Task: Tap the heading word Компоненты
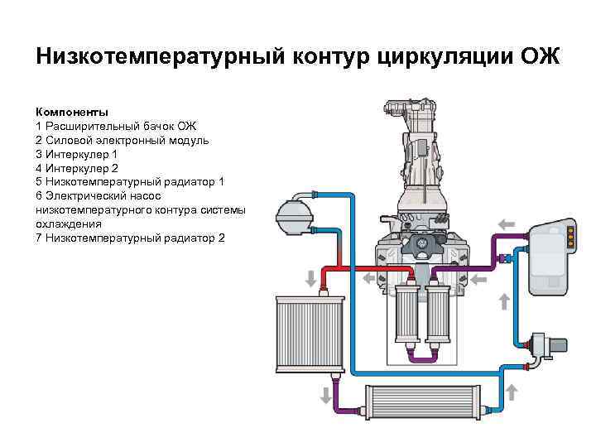(x=72, y=112)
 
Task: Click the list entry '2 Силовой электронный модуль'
(x=122, y=140)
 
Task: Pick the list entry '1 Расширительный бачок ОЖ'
(x=116, y=126)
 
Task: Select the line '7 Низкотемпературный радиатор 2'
(x=130, y=238)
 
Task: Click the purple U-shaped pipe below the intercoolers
(x=422, y=358)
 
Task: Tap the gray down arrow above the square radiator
(x=311, y=276)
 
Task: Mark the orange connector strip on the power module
(x=570, y=240)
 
